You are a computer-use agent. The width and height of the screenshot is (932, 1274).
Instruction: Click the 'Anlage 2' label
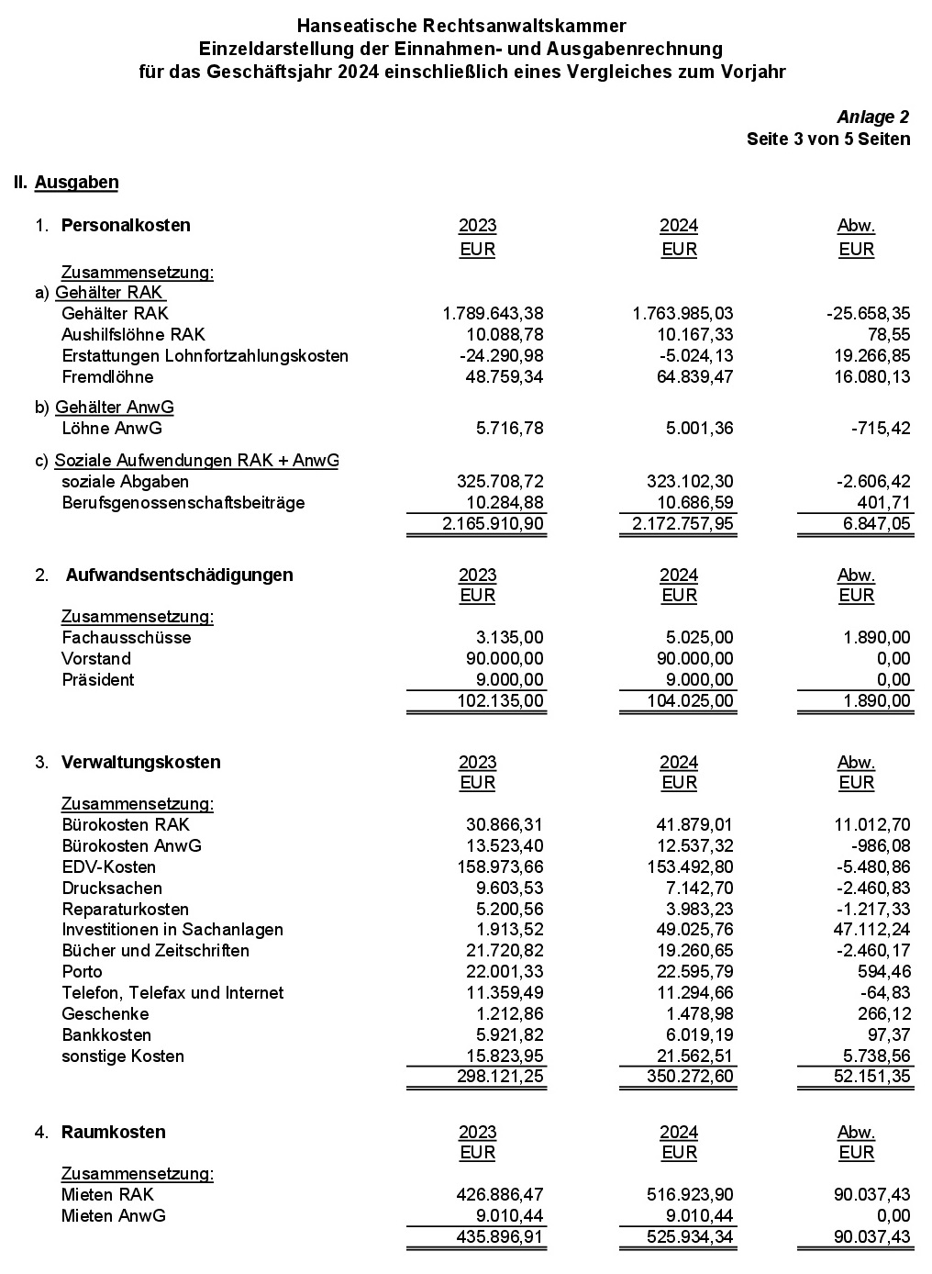point(872,117)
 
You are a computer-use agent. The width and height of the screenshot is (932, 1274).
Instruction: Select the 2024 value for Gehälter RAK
point(682,314)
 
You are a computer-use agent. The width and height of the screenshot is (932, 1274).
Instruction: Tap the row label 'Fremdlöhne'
point(107,377)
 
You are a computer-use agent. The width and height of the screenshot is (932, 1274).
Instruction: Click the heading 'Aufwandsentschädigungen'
point(180,576)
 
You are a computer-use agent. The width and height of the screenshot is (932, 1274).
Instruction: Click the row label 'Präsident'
point(97,680)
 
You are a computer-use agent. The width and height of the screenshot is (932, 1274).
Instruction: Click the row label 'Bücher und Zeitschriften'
point(155,951)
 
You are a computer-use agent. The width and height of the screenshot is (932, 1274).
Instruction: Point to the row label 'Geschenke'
point(105,1014)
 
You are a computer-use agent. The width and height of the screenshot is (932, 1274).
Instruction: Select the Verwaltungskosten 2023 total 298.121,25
point(499,1076)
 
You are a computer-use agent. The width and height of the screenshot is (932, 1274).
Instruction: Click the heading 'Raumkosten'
point(114,1133)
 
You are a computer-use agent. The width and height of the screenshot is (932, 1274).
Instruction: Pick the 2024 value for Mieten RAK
point(687,1195)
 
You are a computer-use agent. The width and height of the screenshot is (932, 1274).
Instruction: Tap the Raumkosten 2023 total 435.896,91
point(499,1237)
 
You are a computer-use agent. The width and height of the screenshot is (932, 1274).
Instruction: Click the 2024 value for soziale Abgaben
point(687,482)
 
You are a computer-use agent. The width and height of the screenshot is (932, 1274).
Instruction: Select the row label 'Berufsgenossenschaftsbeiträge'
point(183,503)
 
